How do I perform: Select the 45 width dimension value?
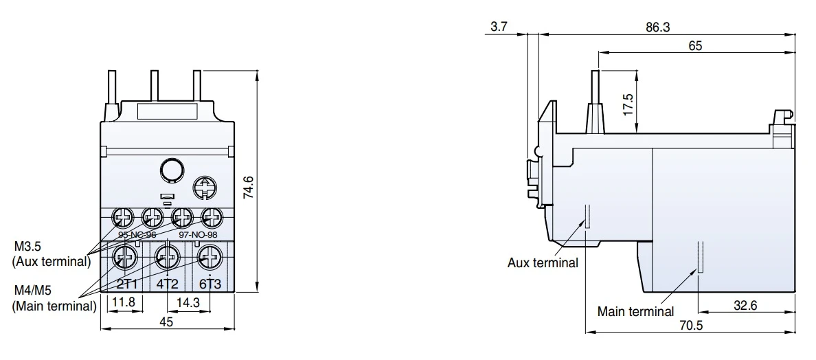[166, 321]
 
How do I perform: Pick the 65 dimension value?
[694, 46]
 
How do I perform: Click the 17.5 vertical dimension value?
[627, 105]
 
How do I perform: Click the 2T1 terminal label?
[126, 284]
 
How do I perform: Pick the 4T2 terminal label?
[166, 284]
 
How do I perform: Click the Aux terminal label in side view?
[543, 262]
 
